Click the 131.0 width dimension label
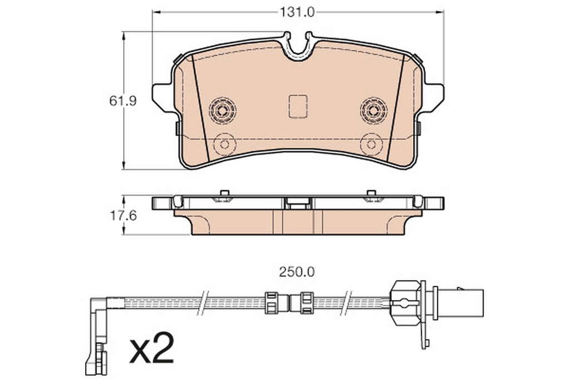(x=297, y=13)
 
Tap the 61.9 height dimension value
(x=123, y=101)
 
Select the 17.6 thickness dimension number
(x=123, y=216)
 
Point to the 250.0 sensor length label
(x=297, y=272)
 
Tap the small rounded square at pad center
(x=298, y=106)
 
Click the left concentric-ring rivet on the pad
(x=223, y=110)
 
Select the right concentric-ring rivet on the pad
(x=374, y=110)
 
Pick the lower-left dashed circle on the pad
(x=225, y=144)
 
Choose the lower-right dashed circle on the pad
(x=371, y=144)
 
